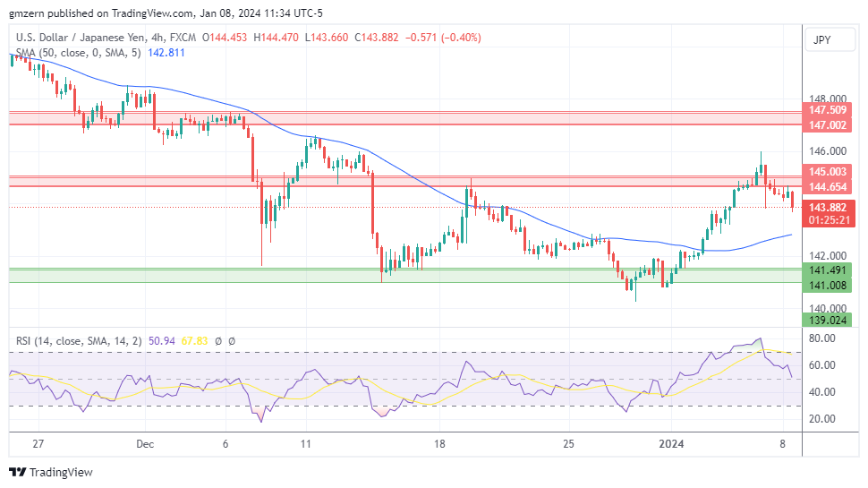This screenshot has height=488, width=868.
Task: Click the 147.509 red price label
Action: (828, 110)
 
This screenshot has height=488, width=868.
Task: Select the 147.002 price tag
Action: (828, 127)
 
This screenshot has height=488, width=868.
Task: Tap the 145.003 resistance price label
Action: (828, 171)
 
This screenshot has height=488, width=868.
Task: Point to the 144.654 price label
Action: (828, 187)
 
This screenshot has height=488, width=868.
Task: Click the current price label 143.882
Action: (828, 207)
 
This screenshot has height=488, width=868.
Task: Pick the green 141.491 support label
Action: (828, 270)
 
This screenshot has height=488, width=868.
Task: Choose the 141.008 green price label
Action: (828, 286)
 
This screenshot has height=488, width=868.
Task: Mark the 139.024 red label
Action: (828, 320)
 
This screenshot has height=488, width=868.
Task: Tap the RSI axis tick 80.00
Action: (822, 338)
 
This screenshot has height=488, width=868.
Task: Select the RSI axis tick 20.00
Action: (822, 418)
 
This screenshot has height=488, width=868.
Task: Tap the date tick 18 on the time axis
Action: (439, 443)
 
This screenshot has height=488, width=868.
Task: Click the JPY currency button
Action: (821, 40)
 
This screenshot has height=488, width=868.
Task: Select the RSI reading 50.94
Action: (163, 340)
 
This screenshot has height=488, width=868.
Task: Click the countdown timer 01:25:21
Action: (828, 219)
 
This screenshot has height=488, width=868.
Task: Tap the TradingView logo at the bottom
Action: (51, 472)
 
